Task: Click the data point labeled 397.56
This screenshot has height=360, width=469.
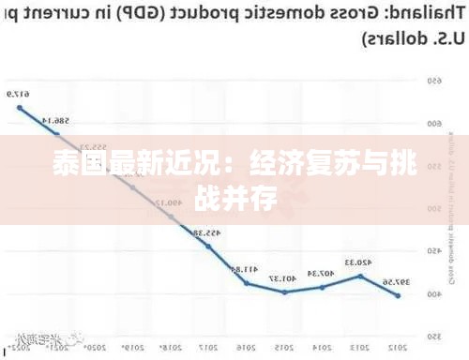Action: coord(398,295)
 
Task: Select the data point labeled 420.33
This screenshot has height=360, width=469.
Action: coord(360,276)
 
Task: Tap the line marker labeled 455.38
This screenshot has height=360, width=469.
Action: coord(208,246)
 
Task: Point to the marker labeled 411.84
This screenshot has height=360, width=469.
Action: coord(247,282)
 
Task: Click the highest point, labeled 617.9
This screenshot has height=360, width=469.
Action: coord(20,107)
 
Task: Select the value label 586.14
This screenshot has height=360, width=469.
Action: coord(57,121)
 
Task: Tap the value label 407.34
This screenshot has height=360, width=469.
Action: coord(322,274)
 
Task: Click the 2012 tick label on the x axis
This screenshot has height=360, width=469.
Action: coord(399,345)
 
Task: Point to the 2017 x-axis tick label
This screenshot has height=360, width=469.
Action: coord(209,345)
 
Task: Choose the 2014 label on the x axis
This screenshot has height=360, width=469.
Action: coord(323,345)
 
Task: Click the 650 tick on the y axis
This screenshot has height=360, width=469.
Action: coord(434,81)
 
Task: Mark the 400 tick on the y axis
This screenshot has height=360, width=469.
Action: coord(434,293)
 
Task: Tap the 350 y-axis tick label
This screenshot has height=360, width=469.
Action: coord(434,336)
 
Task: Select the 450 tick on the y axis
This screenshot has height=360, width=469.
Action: coord(434,251)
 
